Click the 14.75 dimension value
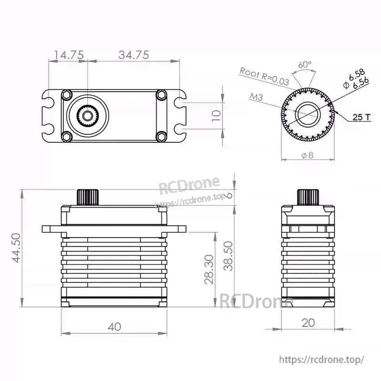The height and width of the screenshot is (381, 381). (x=69, y=55)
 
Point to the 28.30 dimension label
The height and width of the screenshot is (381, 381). (x=209, y=269)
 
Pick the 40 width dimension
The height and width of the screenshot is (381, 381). (x=114, y=326)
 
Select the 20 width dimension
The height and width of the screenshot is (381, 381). (x=308, y=322)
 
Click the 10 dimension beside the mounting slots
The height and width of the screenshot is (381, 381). (x=216, y=116)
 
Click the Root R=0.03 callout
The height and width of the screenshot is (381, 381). (x=264, y=76)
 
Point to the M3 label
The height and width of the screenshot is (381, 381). (x=257, y=97)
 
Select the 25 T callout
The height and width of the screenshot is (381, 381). (x=361, y=117)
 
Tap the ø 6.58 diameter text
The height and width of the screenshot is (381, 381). (x=353, y=76)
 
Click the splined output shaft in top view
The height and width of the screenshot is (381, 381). (x=88, y=115)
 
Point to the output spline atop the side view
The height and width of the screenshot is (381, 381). (x=308, y=197)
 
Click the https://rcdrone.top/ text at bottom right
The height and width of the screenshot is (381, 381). (x=321, y=359)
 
